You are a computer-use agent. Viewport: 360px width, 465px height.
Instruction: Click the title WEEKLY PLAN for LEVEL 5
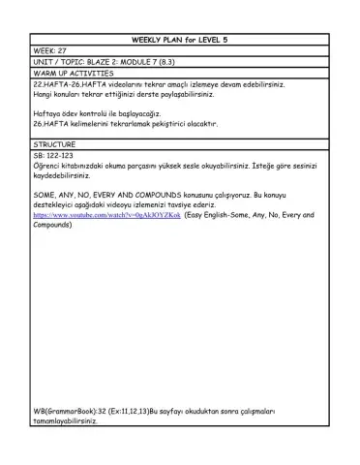[x=180, y=40]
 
